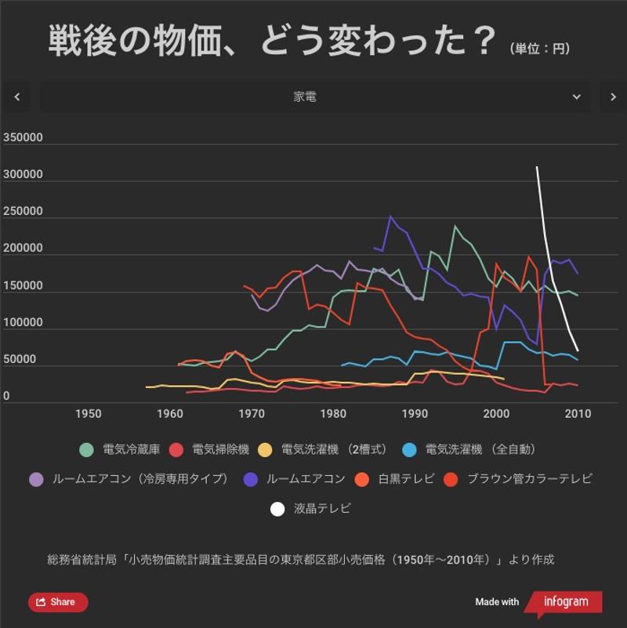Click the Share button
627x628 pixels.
(58, 602)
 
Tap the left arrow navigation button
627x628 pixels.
(17, 97)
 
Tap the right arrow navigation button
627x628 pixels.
(613, 97)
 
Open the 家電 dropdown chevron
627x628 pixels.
(577, 97)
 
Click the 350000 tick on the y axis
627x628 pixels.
(23, 138)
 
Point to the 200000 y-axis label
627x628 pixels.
(23, 249)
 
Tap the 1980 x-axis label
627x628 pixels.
(333, 414)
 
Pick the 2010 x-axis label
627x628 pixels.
(578, 414)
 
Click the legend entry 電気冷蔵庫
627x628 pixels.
(131, 450)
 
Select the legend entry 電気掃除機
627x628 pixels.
(220, 450)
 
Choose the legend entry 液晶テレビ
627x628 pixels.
(322, 509)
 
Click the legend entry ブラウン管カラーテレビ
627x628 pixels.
(529, 479)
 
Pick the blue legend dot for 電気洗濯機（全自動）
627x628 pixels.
(408, 450)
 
